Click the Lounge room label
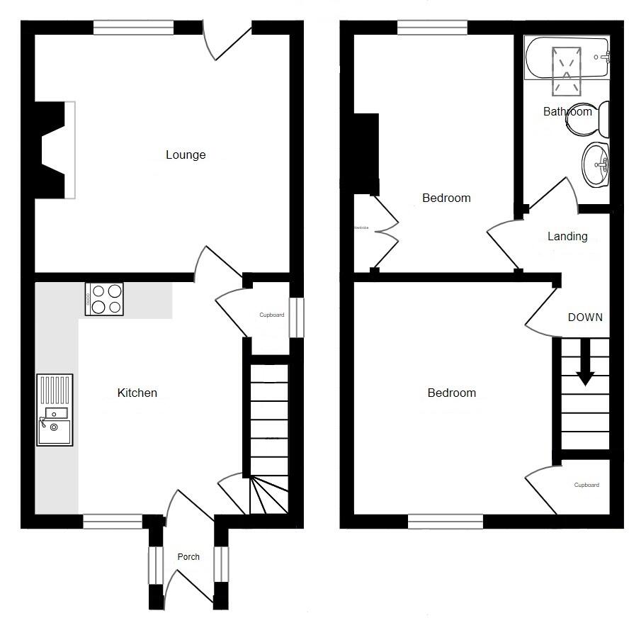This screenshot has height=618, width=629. pos(186,154)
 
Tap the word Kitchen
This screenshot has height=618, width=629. pos(137,393)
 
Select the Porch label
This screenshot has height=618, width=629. pos(188,557)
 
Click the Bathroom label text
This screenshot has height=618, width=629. pos(567,111)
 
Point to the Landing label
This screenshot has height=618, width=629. pos(567,236)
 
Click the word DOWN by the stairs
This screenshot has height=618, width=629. pos(585,317)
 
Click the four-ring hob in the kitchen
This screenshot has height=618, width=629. pos(104,298)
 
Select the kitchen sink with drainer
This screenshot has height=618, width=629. pos(55,410)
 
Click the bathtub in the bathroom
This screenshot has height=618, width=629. pos(567,59)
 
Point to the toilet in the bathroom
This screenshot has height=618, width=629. pos(589,120)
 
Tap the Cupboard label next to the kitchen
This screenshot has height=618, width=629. pos(272,315)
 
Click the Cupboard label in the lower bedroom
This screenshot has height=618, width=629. pos(586,485)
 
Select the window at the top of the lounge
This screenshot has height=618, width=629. pos(133,28)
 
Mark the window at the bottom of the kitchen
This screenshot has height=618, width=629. pos(113,522)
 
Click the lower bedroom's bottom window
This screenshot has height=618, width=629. pos(446,522)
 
